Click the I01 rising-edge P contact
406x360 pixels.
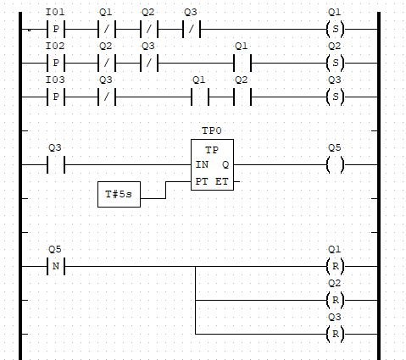56,29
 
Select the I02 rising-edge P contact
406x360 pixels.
56,63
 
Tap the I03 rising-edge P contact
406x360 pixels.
56,97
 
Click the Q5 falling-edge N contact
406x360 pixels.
56,266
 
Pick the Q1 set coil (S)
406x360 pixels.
336,29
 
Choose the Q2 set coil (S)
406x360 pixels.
336,63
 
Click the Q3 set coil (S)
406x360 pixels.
336,97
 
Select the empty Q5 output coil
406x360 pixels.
336,164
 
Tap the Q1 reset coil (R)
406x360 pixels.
336,266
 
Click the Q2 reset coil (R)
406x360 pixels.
336,300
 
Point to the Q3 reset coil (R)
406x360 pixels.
336,334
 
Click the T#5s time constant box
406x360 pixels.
119,195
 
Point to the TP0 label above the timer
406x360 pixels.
212,131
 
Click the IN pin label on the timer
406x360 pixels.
202,164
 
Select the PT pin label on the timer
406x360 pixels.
202,181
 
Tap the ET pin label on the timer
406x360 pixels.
222,181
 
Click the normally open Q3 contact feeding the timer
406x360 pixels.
56,164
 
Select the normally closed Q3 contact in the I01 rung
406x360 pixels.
192,29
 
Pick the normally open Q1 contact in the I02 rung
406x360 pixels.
242,63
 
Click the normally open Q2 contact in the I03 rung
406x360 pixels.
242,97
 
